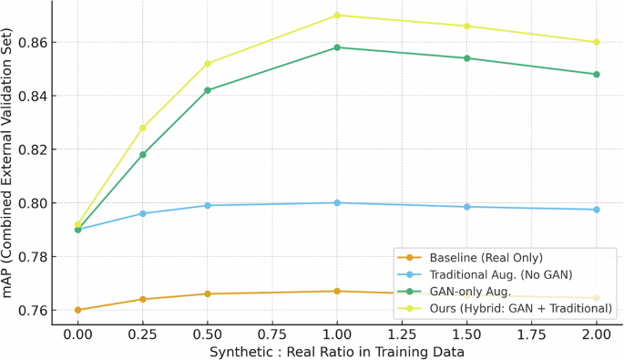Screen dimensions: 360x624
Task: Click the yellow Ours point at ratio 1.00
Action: click(337, 15)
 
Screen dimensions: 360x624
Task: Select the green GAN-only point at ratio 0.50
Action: click(208, 90)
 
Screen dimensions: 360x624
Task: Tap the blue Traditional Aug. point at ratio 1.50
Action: click(467, 207)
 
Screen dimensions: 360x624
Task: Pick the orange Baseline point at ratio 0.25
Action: click(143, 299)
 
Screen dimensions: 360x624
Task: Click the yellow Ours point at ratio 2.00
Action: click(597, 42)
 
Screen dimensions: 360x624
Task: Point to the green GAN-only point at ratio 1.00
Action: click(337, 47)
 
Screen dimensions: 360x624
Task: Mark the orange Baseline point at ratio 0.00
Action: click(78, 310)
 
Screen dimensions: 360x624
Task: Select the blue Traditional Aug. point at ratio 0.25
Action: click(143, 213)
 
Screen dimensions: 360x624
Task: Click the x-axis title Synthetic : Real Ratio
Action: click(337, 351)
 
